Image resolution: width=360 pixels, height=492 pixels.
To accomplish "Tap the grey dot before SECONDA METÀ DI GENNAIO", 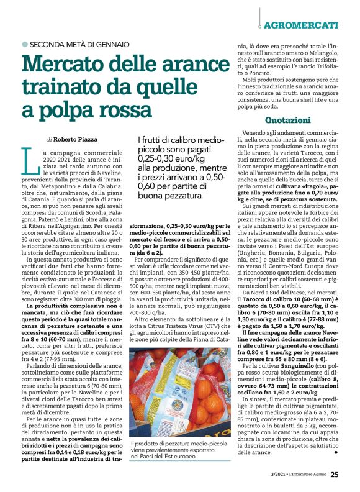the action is point(25,44).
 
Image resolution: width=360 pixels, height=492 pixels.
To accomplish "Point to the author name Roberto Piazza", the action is point(79,140).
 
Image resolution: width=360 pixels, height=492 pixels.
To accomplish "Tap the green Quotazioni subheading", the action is point(287,119).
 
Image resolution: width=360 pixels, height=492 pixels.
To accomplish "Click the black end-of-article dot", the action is point(336,452).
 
